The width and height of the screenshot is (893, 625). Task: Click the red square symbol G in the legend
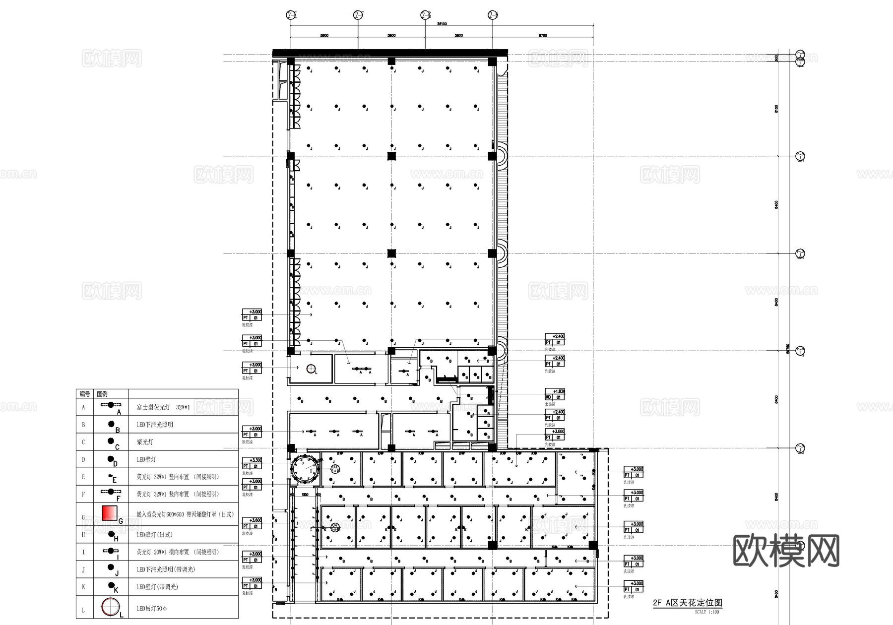click(109, 513)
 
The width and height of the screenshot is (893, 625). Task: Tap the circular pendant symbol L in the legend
click(110, 607)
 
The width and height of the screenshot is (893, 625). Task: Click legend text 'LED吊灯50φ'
click(152, 609)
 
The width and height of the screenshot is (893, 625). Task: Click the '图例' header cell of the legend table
click(102, 394)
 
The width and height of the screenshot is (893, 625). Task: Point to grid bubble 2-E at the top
click(291, 15)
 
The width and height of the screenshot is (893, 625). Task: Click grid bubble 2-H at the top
click(493, 15)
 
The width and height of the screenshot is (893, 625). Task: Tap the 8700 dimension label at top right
click(543, 35)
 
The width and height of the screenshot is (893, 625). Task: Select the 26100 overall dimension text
click(442, 24)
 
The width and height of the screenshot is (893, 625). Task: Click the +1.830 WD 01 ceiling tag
click(555, 394)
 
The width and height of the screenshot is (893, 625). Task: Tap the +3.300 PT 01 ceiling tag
click(252, 463)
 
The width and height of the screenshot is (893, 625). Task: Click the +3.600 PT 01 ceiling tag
click(252, 523)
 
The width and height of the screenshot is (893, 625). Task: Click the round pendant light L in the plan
click(311, 369)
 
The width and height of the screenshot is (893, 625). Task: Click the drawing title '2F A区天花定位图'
click(687, 603)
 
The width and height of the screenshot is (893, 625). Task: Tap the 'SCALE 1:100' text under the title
click(706, 612)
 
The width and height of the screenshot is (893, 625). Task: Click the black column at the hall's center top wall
click(391, 61)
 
